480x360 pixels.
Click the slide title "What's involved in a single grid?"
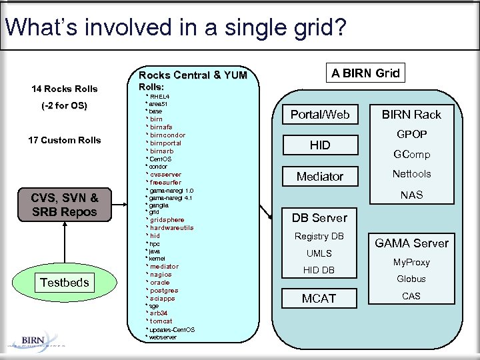(175, 27)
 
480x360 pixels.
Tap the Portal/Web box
(320, 115)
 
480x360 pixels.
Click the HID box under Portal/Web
(320, 145)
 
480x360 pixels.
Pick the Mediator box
(320, 177)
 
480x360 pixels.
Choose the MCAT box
(319, 299)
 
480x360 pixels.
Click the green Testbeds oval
(64, 283)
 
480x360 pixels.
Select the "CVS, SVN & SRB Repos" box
(64, 205)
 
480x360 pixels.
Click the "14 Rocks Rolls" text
(64, 89)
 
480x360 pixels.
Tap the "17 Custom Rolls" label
(64, 140)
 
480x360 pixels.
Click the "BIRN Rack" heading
(411, 115)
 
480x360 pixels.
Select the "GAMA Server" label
(411, 243)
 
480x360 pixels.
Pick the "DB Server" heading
(319, 218)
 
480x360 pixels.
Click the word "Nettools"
(411, 174)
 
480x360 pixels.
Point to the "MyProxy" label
(411, 263)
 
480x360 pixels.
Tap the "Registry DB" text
(319, 237)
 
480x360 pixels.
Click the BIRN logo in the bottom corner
(33, 340)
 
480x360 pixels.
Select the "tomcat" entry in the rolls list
(161, 321)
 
